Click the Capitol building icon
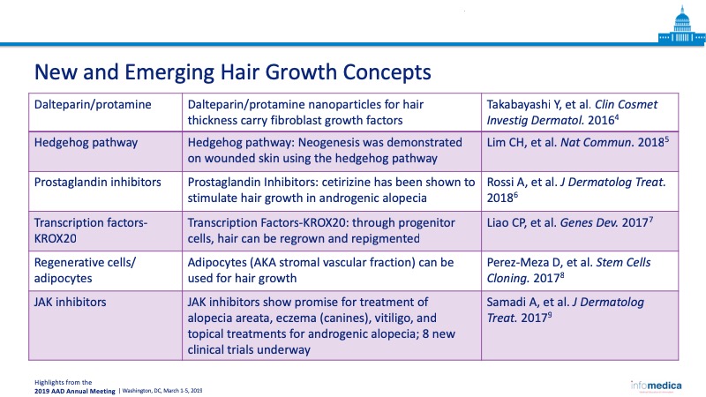pyautogui.click(x=681, y=26)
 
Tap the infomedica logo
pyautogui.click(x=656, y=386)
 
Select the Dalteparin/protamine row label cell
pyautogui.click(x=105, y=112)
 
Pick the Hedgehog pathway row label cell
pyautogui.click(x=105, y=151)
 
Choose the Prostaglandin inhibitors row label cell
pyautogui.click(x=105, y=191)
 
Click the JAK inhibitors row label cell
pyautogui.click(x=105, y=326)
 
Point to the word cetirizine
pyautogui.click(x=356, y=183)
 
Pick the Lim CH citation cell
pyautogui.click(x=580, y=151)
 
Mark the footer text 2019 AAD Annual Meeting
pyautogui.click(x=75, y=391)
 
